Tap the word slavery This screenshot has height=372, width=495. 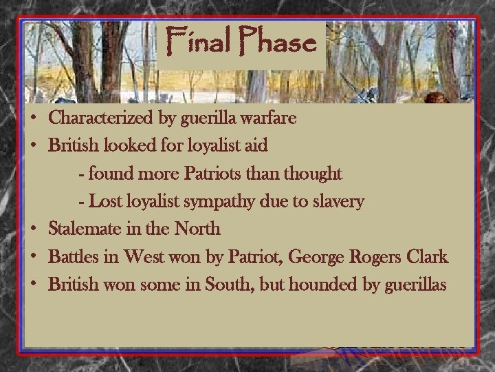click(x=338, y=202)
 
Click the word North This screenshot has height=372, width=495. click(x=195, y=229)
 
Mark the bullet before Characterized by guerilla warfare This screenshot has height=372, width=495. click(x=33, y=118)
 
